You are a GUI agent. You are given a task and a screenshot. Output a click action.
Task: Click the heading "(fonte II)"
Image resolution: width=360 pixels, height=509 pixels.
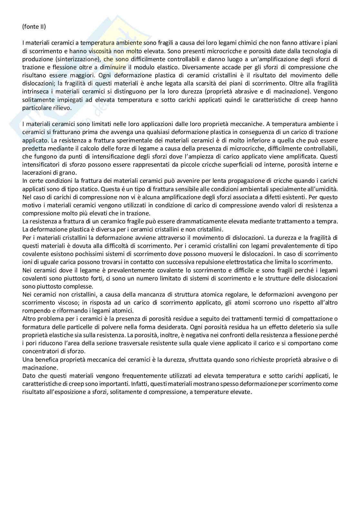(34, 26)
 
